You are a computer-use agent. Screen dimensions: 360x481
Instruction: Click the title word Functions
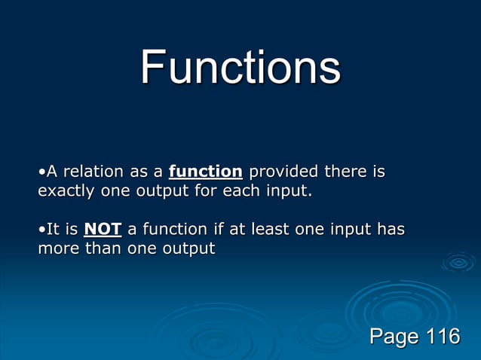click(240, 68)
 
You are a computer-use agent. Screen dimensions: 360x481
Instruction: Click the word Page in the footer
click(394, 336)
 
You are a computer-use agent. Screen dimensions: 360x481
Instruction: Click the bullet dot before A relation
click(41, 172)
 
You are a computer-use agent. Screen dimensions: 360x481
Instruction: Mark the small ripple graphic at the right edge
click(458, 262)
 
